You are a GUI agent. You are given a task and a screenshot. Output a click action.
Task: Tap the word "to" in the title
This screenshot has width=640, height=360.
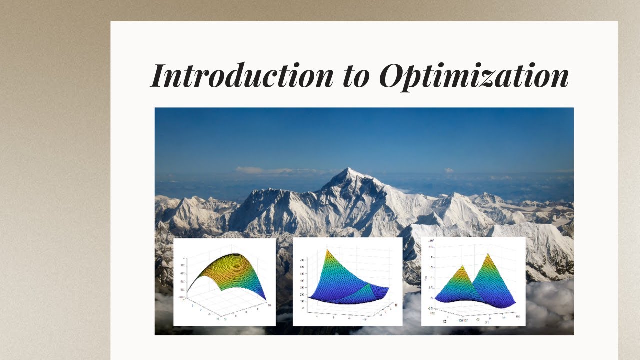click(355, 77)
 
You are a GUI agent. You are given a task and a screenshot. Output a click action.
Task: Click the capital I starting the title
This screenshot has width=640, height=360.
click(159, 76)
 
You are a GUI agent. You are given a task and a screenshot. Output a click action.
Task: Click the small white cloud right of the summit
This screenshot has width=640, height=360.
click(448, 170)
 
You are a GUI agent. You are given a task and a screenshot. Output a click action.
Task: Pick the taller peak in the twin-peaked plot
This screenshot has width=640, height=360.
click(488, 256)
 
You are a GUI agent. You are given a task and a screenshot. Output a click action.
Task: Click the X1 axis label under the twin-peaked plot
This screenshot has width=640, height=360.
click(487, 321)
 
